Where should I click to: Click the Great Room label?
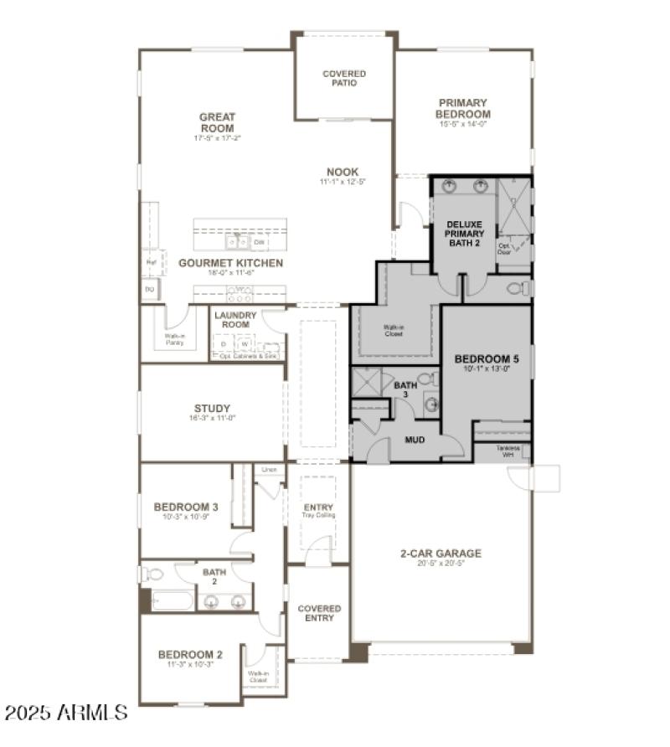click(x=217, y=122)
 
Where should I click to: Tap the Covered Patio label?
click(x=344, y=79)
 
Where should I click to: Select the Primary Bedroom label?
click(x=463, y=109)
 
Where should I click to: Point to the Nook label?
click(x=343, y=173)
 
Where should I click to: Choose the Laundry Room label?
click(x=234, y=320)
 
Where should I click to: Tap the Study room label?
click(x=212, y=410)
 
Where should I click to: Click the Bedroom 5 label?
click(x=487, y=360)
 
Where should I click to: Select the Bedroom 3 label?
click(x=186, y=507)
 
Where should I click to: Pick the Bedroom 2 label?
click(x=190, y=655)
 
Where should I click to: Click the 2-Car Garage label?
click(x=441, y=554)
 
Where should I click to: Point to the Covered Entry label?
click(x=320, y=613)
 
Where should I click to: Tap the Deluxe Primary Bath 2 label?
click(x=463, y=234)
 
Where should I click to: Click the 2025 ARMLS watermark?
click(x=66, y=713)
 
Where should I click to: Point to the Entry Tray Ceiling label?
click(x=318, y=510)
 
